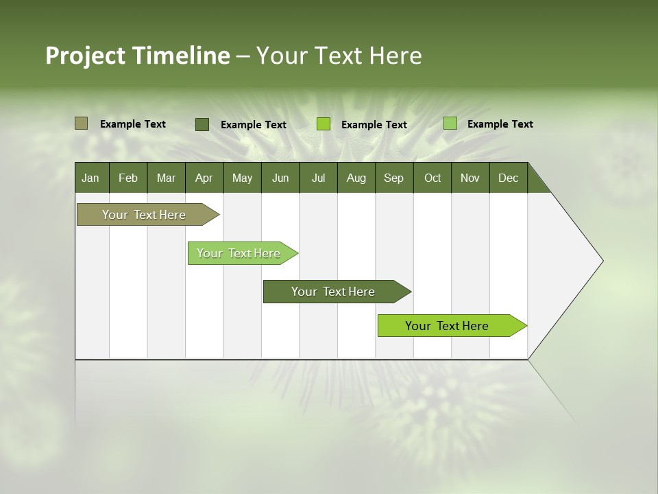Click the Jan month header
pyautogui.click(x=91, y=178)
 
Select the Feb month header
pyautogui.click(x=128, y=178)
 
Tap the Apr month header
pyautogui.click(x=204, y=178)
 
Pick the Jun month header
pyautogui.click(x=280, y=178)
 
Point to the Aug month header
pyautogui.click(x=356, y=178)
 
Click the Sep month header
pyautogui.click(x=394, y=178)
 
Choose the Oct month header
pyautogui.click(x=432, y=178)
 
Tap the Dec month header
pyautogui.click(x=509, y=178)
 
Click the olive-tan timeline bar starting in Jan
pyautogui.click(x=145, y=215)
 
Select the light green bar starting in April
pyautogui.click(x=239, y=253)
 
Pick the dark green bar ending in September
pyautogui.click(x=334, y=292)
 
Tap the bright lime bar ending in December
pyautogui.click(x=448, y=326)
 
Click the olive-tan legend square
pyautogui.click(x=82, y=123)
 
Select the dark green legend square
pyautogui.click(x=202, y=124)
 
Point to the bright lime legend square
pyautogui.click(x=324, y=124)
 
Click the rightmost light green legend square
pyautogui.click(x=450, y=123)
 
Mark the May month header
pyautogui.click(x=242, y=178)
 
